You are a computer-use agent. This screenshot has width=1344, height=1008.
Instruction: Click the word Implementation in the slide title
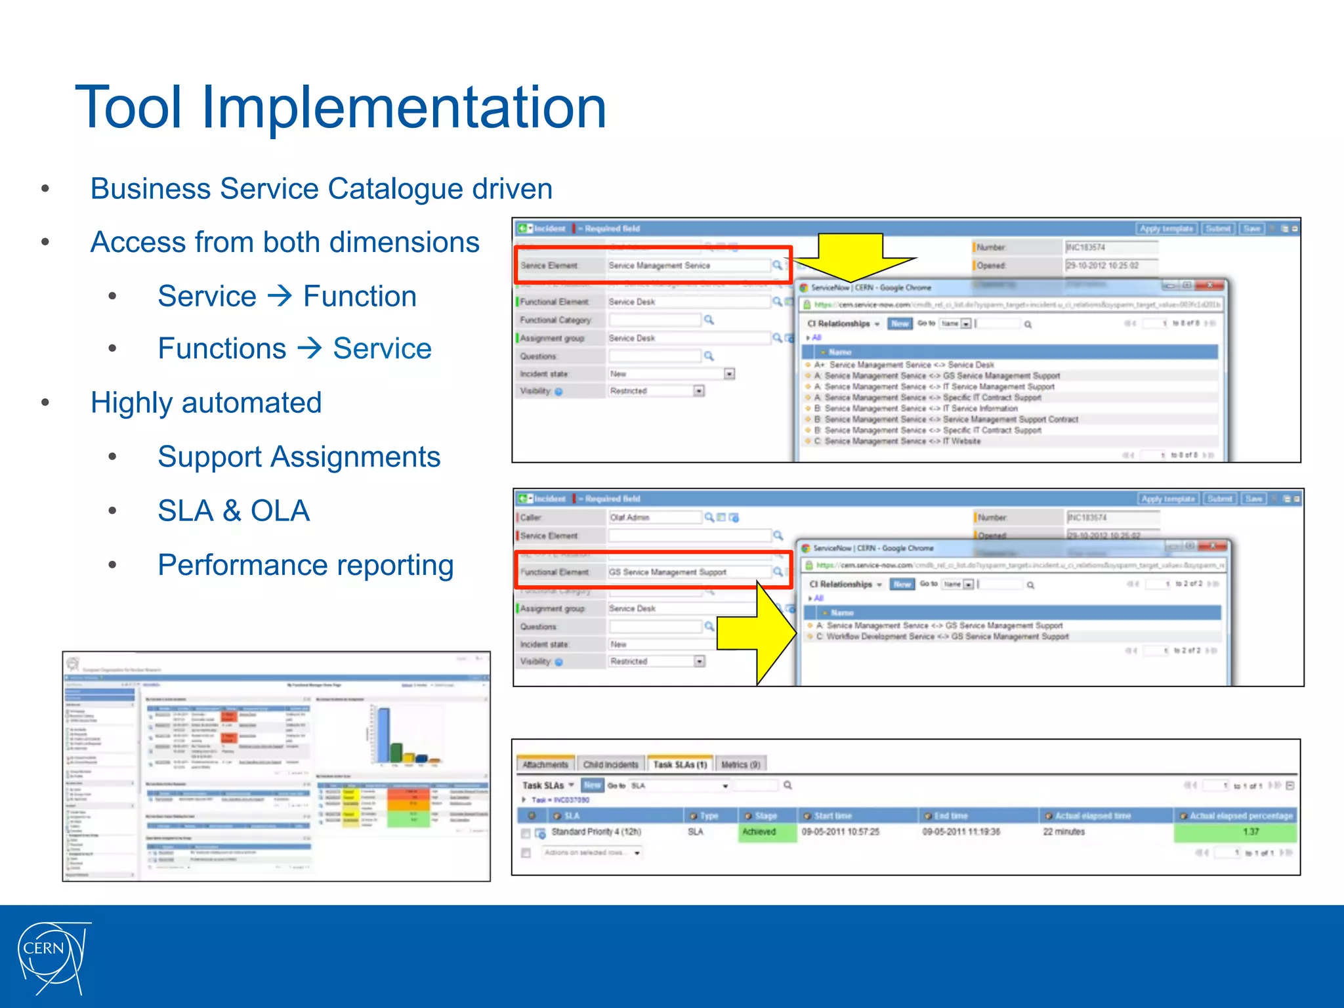[403, 108]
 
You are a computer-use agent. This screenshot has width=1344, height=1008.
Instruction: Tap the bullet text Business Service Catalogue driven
[321, 189]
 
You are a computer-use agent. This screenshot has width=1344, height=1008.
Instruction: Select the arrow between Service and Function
[280, 296]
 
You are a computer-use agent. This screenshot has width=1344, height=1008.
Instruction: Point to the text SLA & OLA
[233, 511]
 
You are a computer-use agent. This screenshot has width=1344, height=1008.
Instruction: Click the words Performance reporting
[305, 565]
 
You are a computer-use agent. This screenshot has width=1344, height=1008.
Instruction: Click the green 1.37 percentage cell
[1234, 832]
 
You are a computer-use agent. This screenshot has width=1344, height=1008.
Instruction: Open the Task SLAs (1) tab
[679, 765]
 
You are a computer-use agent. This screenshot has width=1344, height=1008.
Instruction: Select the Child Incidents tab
[610, 765]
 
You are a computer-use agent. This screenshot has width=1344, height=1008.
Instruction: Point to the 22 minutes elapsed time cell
[1064, 832]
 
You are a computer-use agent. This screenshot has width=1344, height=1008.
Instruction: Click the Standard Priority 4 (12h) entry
[596, 832]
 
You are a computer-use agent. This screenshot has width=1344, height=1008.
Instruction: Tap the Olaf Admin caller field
[654, 518]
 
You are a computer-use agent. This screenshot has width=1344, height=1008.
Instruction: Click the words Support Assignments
[299, 457]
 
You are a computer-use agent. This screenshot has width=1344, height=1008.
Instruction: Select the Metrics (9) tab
[740, 765]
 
